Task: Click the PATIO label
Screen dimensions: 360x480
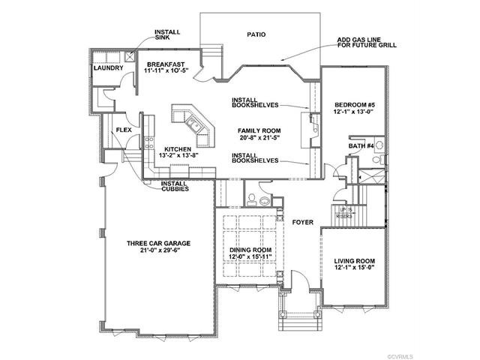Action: click(256, 34)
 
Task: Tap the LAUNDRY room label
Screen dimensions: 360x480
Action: click(108, 68)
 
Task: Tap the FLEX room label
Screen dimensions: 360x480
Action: click(124, 130)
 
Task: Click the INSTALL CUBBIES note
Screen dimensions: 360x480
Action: click(173, 186)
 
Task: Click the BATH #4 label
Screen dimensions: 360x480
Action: click(361, 145)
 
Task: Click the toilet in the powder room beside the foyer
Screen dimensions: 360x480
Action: click(253, 200)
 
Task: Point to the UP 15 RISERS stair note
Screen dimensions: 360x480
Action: click(346, 212)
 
